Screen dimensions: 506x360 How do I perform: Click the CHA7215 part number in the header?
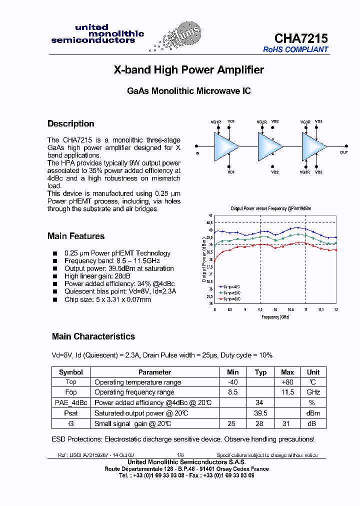[301, 38]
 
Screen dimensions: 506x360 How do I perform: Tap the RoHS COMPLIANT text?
[295, 49]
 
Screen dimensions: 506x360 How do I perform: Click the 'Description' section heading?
[70, 123]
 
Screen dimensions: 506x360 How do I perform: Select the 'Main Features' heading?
[76, 236]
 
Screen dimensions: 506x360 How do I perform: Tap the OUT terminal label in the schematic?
[344, 152]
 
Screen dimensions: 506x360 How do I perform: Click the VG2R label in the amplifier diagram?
[261, 122]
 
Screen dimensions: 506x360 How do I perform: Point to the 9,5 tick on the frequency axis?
[260, 310]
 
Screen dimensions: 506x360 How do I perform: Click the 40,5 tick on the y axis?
[209, 222]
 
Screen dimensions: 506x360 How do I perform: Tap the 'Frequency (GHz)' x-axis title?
[275, 317]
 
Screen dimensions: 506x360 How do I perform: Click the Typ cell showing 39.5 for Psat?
[260, 413]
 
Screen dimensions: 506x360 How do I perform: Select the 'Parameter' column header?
[154, 372]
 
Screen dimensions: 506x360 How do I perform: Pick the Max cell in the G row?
[287, 423]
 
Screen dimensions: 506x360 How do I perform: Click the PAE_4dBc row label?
[71, 402]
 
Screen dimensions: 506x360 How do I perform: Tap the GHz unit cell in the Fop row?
[313, 392]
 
